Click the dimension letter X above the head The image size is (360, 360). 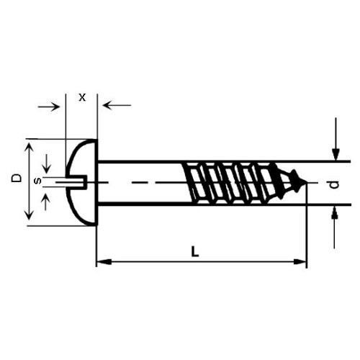click(x=82, y=98)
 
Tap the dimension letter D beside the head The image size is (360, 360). click(x=17, y=178)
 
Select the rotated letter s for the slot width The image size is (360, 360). click(x=38, y=181)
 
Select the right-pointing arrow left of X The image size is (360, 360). click(x=49, y=107)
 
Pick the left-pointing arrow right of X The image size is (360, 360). click(x=117, y=105)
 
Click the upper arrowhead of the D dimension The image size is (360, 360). click(x=30, y=146)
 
